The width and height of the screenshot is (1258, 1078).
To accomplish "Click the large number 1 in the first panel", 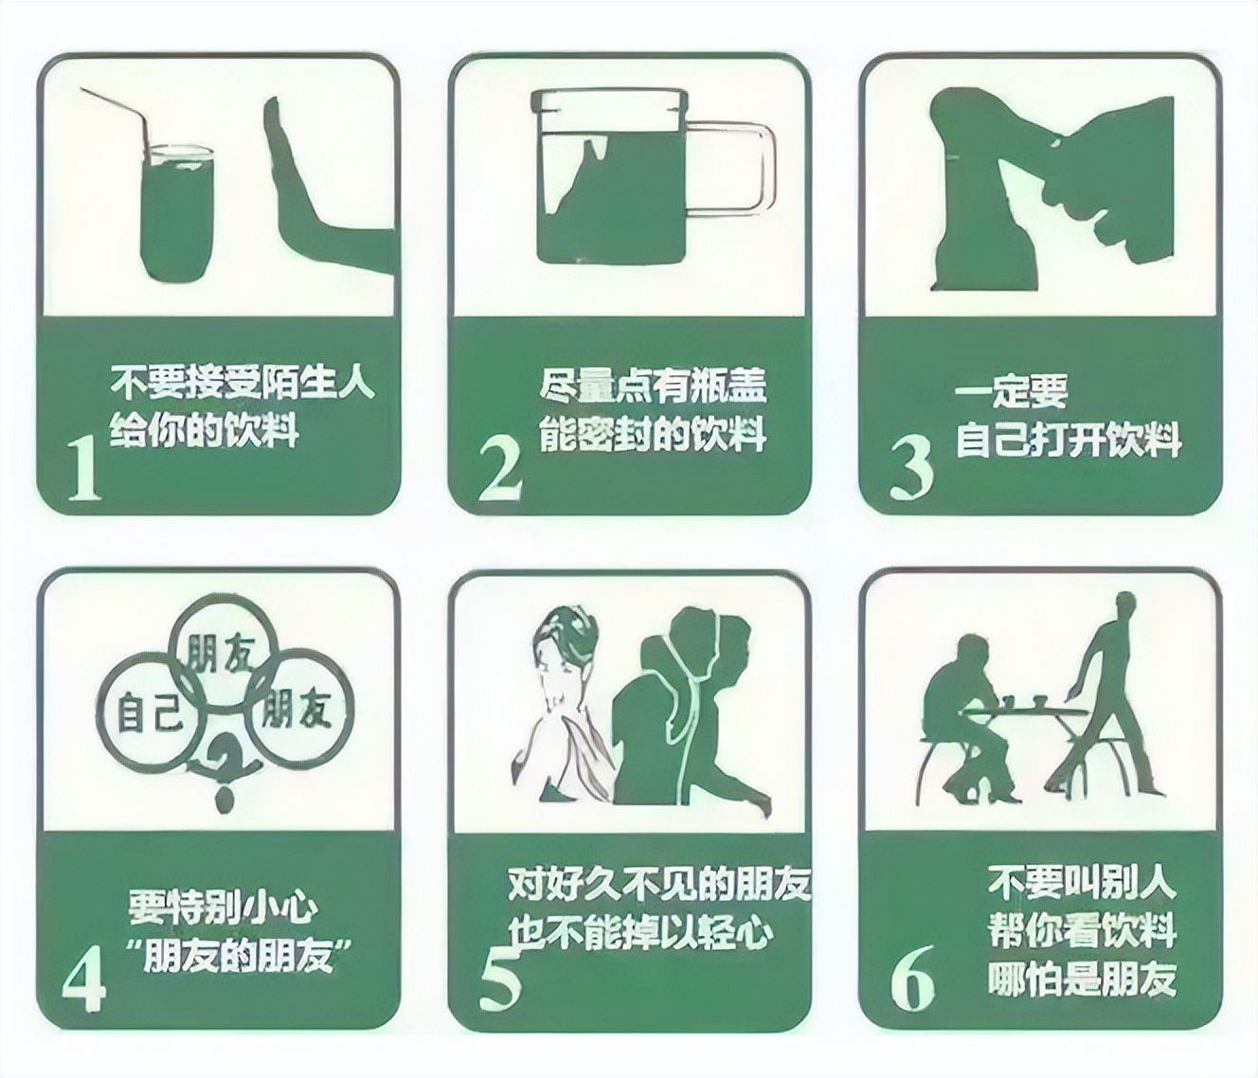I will (x=85, y=468).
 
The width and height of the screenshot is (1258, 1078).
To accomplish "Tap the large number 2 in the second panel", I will (x=499, y=468).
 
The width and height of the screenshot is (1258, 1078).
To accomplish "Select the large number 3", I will (x=911, y=469).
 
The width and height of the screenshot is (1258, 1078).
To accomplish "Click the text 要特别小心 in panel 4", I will (x=223, y=907).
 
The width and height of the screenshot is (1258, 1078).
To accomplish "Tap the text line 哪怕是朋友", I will (x=1082, y=978).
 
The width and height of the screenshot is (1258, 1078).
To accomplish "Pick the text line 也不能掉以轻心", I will (x=640, y=933).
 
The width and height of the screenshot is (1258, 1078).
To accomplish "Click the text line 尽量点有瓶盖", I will (x=653, y=386).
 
